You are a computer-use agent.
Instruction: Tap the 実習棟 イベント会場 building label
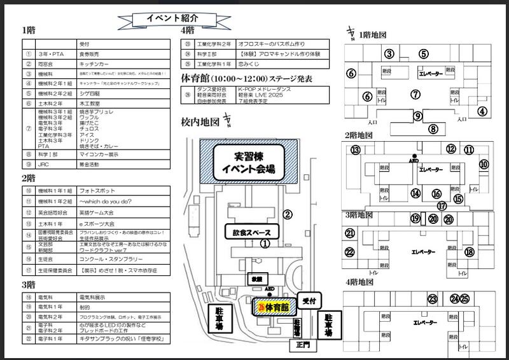(x=247, y=162)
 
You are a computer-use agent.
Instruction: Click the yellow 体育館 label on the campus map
(x=273, y=307)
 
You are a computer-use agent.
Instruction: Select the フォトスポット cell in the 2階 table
(x=93, y=190)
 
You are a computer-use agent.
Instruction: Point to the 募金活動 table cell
(x=93, y=163)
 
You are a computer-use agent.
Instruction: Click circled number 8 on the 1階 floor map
(x=433, y=129)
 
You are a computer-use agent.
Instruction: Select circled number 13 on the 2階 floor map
(x=355, y=149)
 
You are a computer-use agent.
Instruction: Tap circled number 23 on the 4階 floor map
(x=433, y=299)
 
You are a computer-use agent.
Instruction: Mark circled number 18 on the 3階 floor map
(x=470, y=252)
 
